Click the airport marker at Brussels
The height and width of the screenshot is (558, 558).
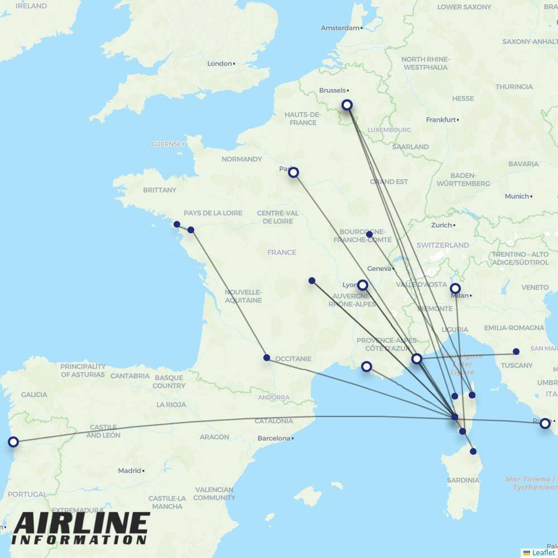tap(347, 105)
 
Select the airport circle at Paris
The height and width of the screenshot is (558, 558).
tap(294, 172)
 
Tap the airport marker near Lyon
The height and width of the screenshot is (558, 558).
tap(363, 285)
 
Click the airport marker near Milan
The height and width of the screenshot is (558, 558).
tap(455, 288)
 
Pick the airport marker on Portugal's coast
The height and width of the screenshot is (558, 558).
tap(13, 442)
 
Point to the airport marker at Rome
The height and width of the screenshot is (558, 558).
tap(545, 424)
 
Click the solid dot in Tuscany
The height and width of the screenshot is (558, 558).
tap(516, 352)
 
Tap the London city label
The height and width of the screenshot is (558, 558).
tap(219, 64)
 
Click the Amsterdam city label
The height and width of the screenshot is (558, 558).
tap(340, 28)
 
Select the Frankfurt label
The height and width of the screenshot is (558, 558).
tap(441, 119)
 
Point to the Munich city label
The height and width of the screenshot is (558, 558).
tap(516, 196)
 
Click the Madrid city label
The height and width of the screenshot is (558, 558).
tap(129, 471)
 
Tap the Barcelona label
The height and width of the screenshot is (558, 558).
tap(273, 439)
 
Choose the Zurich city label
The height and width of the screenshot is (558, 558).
tap(441, 225)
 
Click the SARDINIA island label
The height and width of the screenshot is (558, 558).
tap(463, 480)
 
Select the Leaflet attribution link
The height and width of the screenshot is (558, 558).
tap(543, 552)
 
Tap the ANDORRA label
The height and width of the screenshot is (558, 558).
tap(273, 398)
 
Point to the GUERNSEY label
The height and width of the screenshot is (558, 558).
tap(168, 144)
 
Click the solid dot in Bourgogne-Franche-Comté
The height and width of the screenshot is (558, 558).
tap(369, 234)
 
